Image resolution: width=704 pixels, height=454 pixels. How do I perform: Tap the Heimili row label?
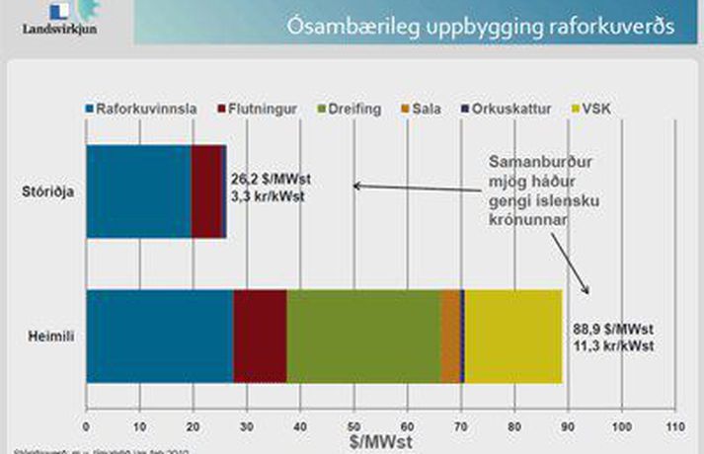[x=50, y=337]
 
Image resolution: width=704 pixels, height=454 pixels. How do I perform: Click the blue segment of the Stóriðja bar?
[x=138, y=192]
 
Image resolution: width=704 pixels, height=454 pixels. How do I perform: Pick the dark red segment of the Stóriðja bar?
[x=207, y=192]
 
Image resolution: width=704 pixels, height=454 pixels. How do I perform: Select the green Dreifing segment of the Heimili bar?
[x=362, y=337]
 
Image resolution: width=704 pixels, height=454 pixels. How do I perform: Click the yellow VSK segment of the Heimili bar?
[x=512, y=337]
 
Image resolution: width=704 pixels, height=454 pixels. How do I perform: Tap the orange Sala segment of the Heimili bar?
[x=449, y=337]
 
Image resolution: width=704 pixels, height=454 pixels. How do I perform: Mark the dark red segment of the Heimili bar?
[x=260, y=337]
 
